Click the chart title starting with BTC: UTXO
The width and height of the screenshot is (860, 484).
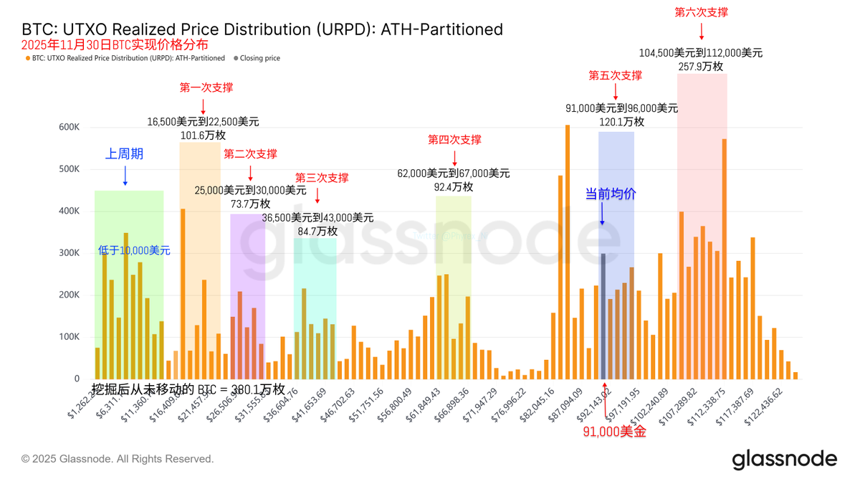[x=262, y=29]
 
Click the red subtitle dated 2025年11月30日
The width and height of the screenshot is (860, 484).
[x=115, y=44]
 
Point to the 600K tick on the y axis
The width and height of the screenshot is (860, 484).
[x=69, y=127]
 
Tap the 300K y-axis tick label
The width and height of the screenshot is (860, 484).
[x=69, y=253]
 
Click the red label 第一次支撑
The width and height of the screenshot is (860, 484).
[x=206, y=87]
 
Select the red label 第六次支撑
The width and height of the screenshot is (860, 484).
[x=702, y=12]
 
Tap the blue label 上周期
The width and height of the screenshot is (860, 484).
[x=125, y=153]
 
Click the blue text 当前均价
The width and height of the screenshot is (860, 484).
[x=611, y=194]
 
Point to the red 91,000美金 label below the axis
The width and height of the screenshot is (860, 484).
[x=614, y=432]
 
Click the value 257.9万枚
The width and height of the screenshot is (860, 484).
[x=701, y=66]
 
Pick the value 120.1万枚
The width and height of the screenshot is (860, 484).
[x=621, y=121]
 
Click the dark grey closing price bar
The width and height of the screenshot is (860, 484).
[x=603, y=316]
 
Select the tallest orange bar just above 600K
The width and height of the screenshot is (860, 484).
[x=568, y=252]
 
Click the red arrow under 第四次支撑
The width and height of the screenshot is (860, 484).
[x=454, y=158]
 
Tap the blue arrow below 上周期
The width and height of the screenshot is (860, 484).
[x=125, y=176]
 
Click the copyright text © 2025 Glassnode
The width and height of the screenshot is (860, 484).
[x=118, y=459]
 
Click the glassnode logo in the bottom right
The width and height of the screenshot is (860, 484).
[x=784, y=459]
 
